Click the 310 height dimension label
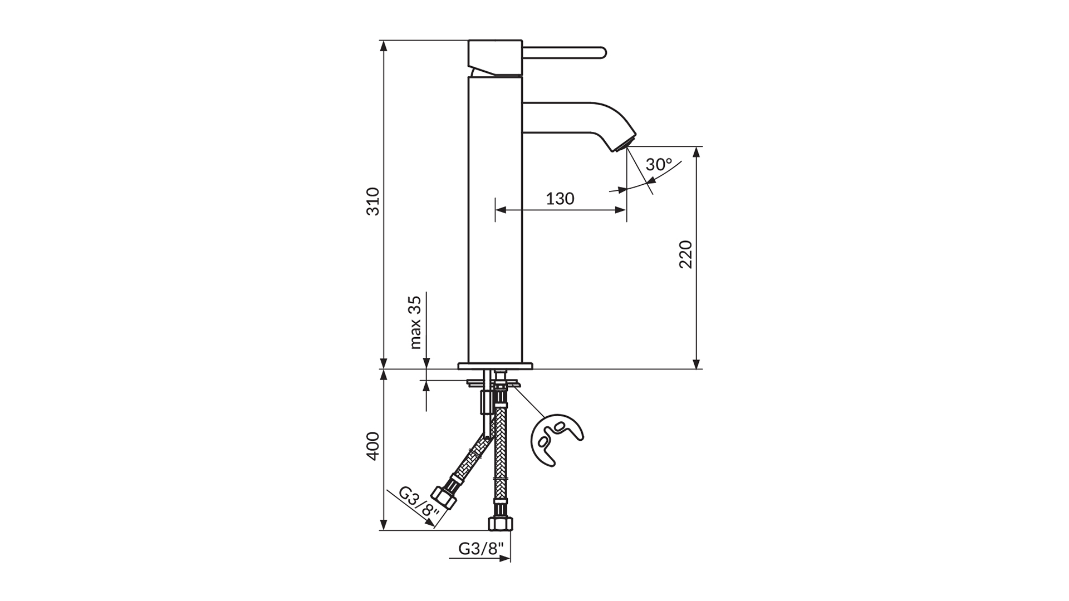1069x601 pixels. tap(373, 201)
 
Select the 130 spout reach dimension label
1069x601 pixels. tap(560, 198)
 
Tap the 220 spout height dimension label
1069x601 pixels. tap(685, 254)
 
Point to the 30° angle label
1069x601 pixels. tap(659, 165)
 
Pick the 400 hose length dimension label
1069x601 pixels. tap(373, 446)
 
